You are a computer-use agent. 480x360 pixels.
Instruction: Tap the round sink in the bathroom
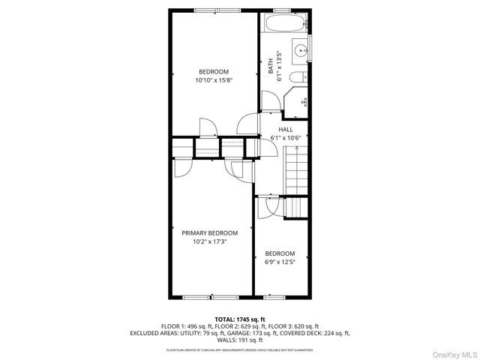click(301, 51)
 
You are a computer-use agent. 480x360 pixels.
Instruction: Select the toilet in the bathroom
click(296, 78)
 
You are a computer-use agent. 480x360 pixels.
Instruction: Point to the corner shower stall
click(298, 102)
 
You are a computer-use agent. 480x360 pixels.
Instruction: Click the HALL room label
click(286, 130)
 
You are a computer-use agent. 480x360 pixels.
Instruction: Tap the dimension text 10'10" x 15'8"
click(214, 80)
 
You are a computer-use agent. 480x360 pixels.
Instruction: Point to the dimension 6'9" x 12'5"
click(280, 262)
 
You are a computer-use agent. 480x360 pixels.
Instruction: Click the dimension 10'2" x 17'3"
click(209, 242)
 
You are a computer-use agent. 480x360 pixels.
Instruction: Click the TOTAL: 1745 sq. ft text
click(240, 319)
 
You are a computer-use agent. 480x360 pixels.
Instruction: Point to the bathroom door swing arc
click(246, 122)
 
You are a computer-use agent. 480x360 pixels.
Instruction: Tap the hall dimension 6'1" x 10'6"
click(286, 138)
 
